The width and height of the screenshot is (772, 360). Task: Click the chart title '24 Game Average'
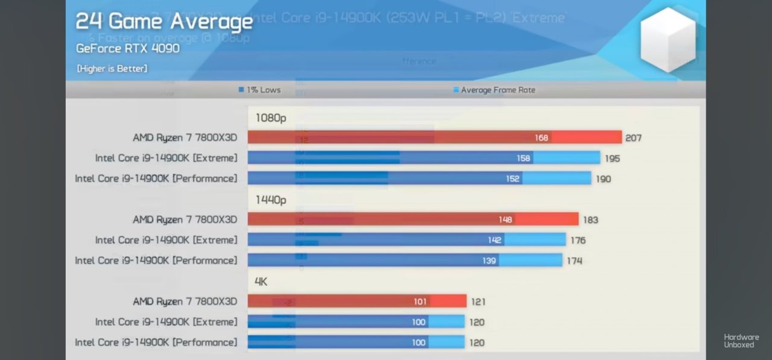pos(164,22)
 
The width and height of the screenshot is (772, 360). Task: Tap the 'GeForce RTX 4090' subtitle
pos(128,48)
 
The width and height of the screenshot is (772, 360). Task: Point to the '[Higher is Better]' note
pos(112,69)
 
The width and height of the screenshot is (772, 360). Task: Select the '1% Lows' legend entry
pos(260,90)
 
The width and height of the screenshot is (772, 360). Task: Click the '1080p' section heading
pos(271,118)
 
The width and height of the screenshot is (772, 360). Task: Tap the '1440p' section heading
pos(271,200)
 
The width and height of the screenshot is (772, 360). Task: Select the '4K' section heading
pos(261,282)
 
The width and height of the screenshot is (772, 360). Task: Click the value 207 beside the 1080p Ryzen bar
pos(633,138)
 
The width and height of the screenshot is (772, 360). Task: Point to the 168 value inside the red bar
pos(542,138)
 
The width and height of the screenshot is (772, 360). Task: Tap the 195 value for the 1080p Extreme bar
pos(612,159)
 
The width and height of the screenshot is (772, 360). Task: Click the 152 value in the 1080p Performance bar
pos(513,179)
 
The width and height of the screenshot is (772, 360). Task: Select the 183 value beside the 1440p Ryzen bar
pos(590,220)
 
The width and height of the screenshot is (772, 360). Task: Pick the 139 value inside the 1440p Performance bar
pos(489,261)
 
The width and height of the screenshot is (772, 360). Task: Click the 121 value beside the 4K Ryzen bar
pos(478,302)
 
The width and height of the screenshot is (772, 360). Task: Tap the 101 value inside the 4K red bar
pos(420,302)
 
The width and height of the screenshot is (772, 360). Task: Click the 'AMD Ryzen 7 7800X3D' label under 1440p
pos(185,219)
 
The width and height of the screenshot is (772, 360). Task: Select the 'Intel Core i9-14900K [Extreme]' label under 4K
pos(166,322)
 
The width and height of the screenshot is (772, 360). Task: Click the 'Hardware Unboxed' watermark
pos(741,341)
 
